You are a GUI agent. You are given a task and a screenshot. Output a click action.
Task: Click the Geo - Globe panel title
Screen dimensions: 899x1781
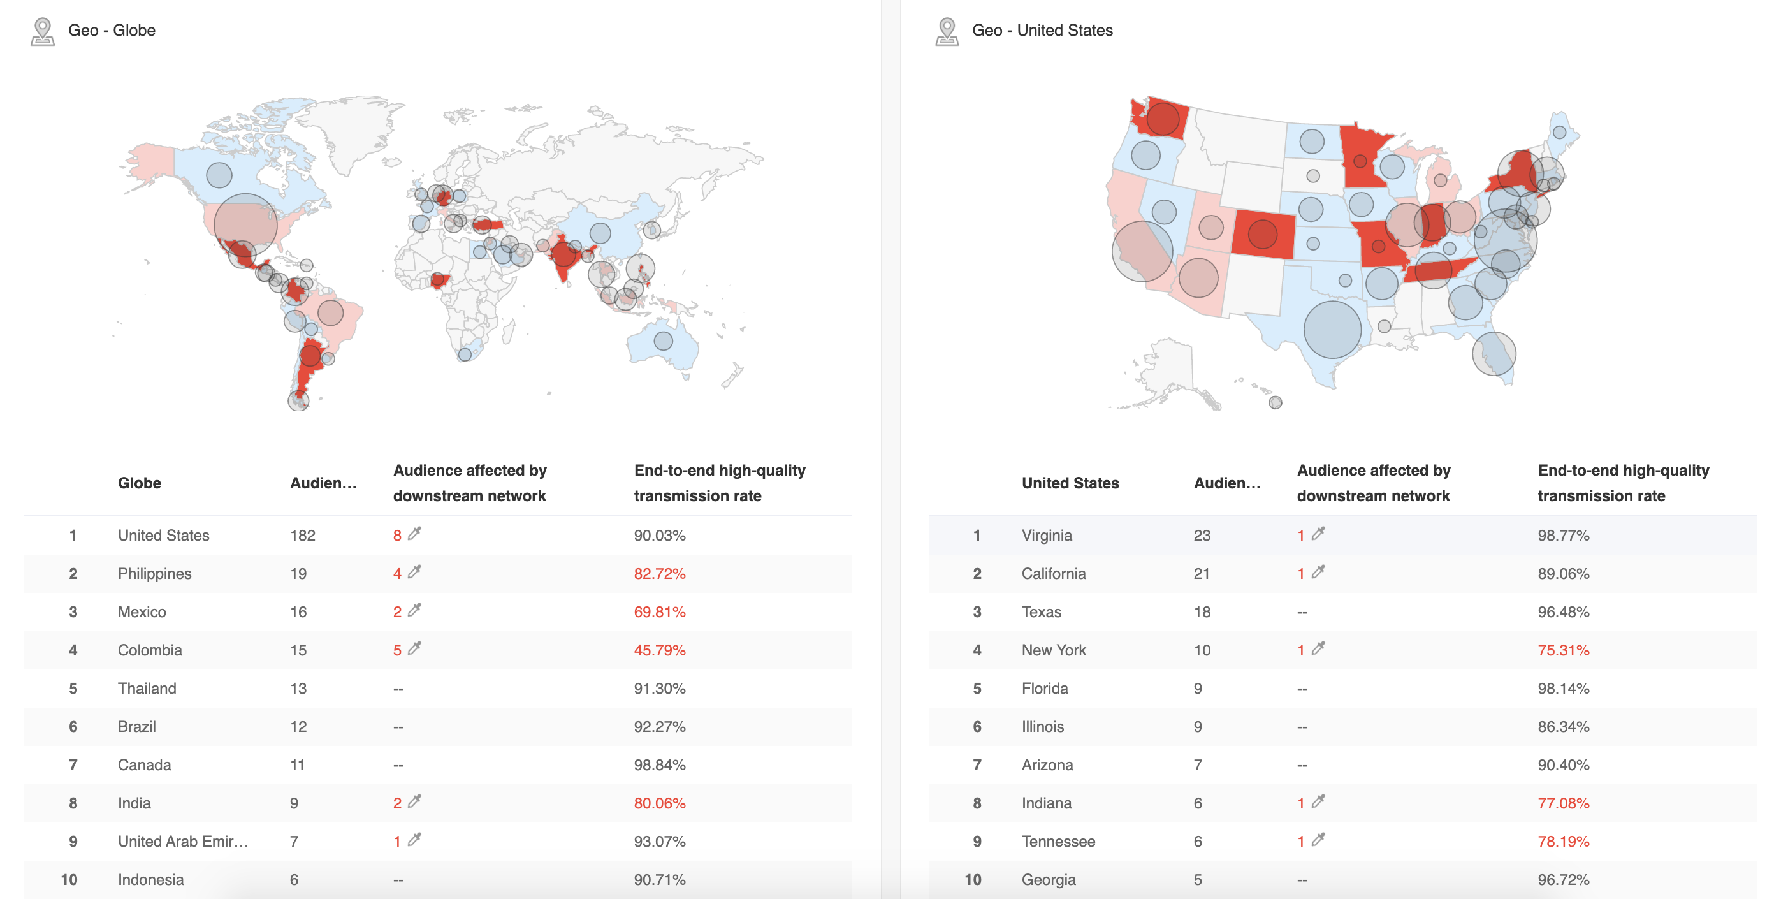(x=112, y=31)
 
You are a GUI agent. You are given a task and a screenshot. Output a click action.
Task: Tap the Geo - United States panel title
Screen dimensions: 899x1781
(x=1042, y=31)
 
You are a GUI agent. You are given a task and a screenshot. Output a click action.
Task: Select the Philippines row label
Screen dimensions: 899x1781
(x=154, y=573)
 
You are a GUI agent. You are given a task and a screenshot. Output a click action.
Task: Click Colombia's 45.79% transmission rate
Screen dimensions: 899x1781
(x=659, y=650)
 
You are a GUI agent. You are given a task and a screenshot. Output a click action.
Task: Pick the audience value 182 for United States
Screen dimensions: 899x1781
(x=302, y=535)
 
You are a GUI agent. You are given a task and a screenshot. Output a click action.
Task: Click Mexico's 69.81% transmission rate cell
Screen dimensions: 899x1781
(x=659, y=612)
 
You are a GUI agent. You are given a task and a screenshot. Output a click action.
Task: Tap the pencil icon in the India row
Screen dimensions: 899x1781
(x=415, y=801)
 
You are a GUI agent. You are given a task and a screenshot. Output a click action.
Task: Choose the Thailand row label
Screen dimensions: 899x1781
(x=147, y=688)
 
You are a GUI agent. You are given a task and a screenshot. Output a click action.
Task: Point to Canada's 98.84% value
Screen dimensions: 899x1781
(x=659, y=765)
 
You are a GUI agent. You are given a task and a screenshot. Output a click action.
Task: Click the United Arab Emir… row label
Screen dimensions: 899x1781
(x=182, y=842)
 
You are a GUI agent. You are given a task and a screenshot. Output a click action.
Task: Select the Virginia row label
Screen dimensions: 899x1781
(x=1046, y=535)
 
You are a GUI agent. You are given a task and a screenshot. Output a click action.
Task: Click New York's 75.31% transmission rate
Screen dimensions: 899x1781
(x=1562, y=650)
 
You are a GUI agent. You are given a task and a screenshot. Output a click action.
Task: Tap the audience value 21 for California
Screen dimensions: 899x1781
(x=1201, y=573)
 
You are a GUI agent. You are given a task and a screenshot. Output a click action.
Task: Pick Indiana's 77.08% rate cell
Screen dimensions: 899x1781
(x=1562, y=803)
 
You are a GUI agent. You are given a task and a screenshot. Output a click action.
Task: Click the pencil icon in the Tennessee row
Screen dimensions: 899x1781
(x=1318, y=840)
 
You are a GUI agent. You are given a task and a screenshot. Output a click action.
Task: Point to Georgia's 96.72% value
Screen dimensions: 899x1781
(x=1562, y=880)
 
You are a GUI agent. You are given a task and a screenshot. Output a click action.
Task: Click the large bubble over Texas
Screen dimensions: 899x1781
(x=1332, y=330)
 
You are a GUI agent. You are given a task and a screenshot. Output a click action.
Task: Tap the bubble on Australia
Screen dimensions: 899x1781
(x=663, y=340)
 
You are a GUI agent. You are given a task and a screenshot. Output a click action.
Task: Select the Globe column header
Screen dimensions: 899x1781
(x=139, y=483)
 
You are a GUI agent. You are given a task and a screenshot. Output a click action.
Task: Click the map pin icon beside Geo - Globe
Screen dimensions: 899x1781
(x=43, y=32)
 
